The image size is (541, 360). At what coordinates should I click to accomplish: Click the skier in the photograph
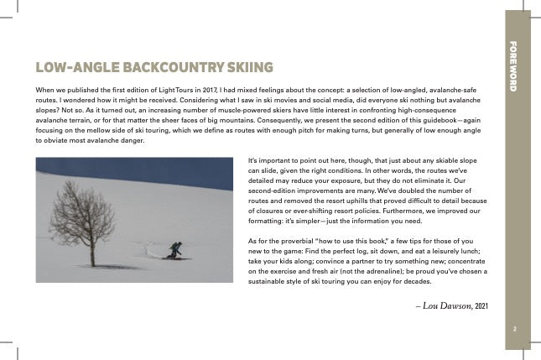coord(174,250)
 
